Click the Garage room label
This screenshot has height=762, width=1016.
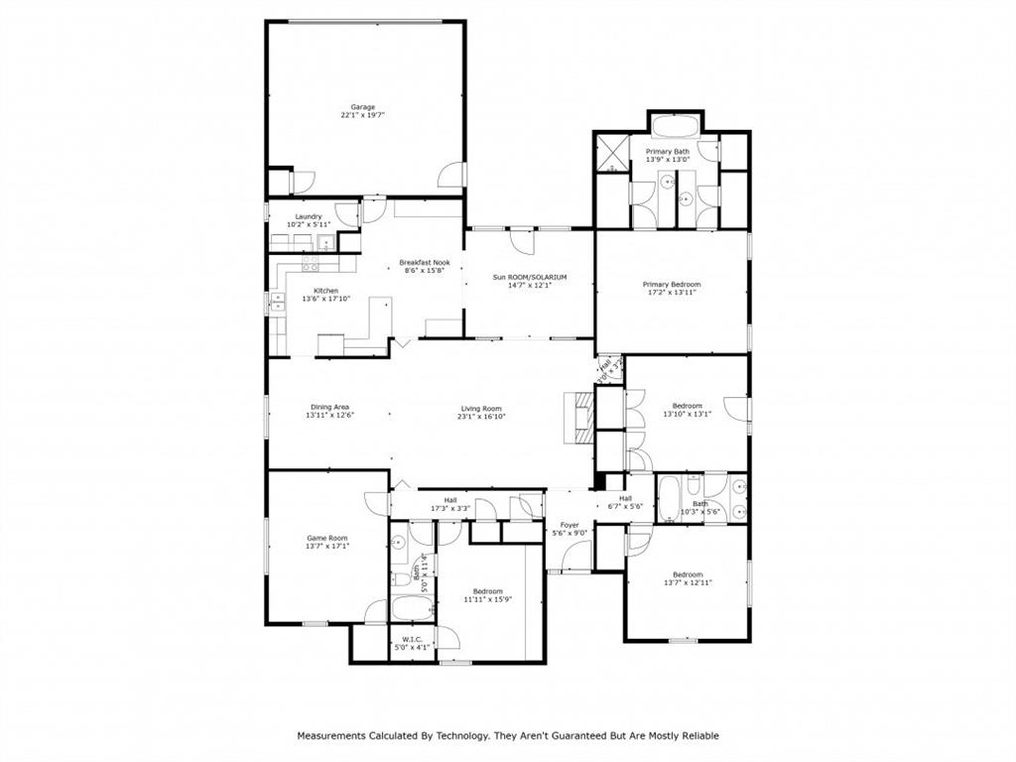click(362, 107)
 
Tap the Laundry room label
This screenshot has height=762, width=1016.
click(309, 216)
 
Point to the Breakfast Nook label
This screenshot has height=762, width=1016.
click(425, 263)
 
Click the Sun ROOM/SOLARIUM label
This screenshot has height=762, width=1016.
click(530, 277)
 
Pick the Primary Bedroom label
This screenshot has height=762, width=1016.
click(672, 284)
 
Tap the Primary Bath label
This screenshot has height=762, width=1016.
click(667, 152)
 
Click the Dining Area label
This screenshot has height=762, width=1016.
click(329, 407)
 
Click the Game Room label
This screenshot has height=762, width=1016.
click(327, 538)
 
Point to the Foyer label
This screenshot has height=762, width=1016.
click(570, 525)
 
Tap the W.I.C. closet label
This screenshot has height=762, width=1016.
click(413, 640)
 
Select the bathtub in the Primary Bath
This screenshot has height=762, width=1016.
click(676, 127)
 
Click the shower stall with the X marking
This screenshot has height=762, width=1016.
click(613, 153)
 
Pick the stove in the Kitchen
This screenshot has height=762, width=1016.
click(311, 264)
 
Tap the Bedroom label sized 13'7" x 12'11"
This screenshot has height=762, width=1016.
click(688, 574)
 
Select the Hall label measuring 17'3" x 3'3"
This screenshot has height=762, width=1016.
click(450, 500)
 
